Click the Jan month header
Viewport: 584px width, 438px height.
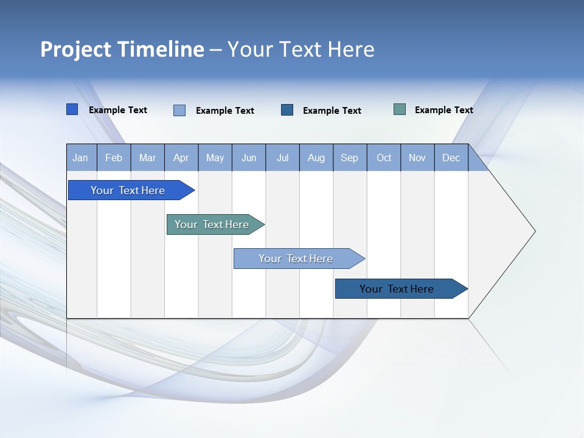[81, 158]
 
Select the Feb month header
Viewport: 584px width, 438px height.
[114, 158]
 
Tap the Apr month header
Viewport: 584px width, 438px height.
[181, 158]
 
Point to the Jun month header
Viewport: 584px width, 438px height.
[249, 158]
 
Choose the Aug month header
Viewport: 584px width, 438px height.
[316, 158]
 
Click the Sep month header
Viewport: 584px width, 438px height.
[350, 158]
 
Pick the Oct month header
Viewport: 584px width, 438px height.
[384, 158]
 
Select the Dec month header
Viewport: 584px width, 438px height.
[451, 158]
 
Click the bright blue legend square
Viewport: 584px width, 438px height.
[72, 109]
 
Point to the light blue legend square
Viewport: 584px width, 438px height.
[179, 110]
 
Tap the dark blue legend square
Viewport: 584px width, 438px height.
[287, 109]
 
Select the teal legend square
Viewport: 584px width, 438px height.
[400, 109]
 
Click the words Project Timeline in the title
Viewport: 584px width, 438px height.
[122, 49]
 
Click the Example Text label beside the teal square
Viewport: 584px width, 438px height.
[444, 110]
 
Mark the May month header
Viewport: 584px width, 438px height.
[215, 158]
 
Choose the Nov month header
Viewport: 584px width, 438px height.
[417, 158]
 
